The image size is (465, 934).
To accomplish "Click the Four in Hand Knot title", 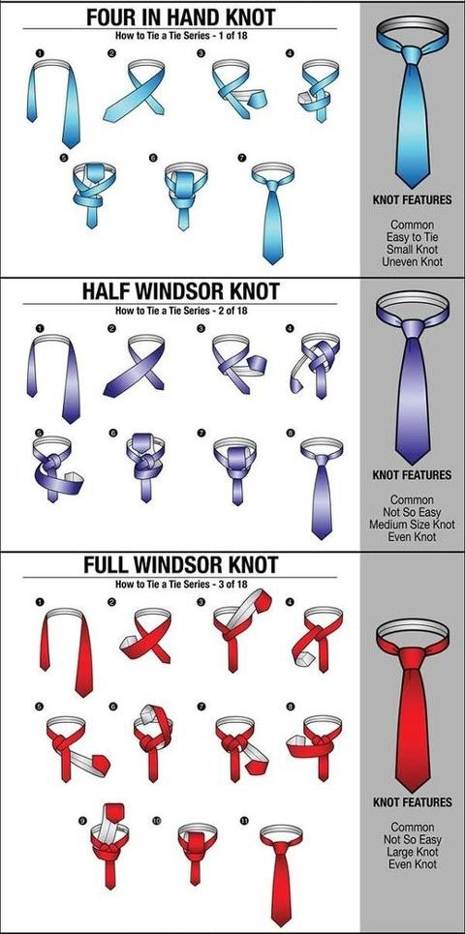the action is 180,16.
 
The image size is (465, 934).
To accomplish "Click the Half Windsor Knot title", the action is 180,291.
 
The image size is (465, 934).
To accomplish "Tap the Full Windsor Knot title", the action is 180,564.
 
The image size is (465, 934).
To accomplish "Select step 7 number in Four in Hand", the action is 241,159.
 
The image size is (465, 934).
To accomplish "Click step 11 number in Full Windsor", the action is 244,821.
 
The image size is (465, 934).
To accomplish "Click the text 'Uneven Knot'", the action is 413,261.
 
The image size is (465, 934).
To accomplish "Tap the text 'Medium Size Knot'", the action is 412,525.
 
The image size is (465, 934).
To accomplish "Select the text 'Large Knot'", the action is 413,852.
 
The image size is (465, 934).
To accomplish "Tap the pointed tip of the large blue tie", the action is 413,186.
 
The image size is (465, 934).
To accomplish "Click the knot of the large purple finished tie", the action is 413,328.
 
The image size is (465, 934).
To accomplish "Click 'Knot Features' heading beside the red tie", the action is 413,802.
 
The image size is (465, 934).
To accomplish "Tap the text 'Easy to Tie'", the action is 413,237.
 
